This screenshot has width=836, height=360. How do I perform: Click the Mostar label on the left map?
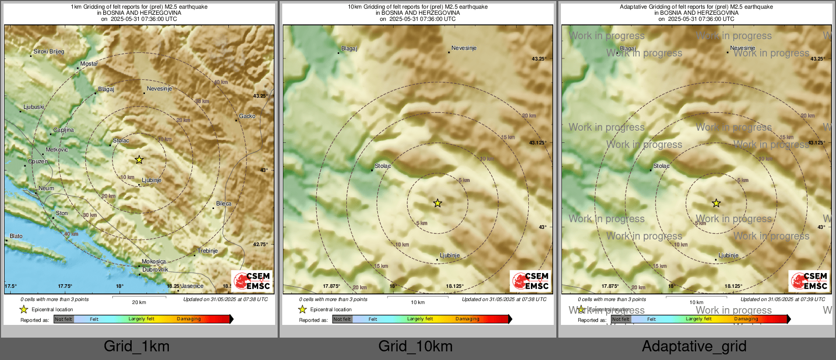(89, 64)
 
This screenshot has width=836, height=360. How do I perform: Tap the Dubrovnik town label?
(155, 269)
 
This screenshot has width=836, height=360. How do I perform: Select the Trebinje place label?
(207, 251)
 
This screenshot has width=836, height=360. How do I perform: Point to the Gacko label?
(247, 116)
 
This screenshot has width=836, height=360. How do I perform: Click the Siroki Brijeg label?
(49, 51)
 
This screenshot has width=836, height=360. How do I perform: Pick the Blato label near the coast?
(16, 236)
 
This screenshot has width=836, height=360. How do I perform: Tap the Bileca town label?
(224, 203)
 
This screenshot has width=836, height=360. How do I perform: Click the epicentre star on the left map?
(139, 160)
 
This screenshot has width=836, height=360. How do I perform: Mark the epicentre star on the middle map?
(437, 203)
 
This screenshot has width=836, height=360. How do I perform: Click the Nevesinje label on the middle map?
(464, 48)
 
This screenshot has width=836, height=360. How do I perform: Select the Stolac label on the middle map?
(383, 166)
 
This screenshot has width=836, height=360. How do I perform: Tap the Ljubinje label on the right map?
(728, 256)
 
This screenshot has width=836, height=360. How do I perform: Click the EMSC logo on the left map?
(253, 281)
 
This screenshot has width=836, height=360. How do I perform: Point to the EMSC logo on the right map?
(810, 281)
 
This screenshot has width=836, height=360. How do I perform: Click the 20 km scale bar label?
(139, 303)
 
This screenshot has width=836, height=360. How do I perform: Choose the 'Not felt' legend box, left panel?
(64, 319)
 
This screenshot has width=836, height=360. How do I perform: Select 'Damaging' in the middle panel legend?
(467, 319)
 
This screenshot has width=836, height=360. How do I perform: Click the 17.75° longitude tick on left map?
(65, 286)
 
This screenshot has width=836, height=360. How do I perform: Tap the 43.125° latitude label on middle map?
(538, 143)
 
